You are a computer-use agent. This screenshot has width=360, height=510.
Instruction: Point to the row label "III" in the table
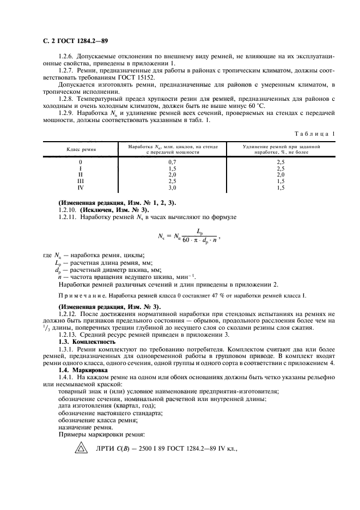coord(81,181)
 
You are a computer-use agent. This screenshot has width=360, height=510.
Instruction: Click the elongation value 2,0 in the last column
coord(281,175)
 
